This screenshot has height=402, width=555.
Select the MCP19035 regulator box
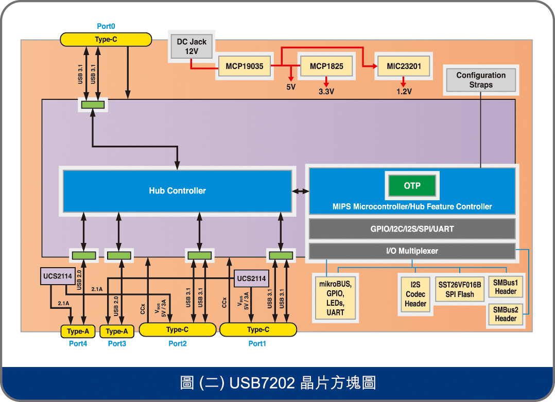[x=245, y=66]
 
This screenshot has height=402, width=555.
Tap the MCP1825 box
[x=326, y=66]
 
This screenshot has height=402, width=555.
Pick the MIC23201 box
[x=404, y=66]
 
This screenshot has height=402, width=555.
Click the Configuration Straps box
[x=481, y=80]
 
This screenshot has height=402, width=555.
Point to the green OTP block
[x=412, y=186]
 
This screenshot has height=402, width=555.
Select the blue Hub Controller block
[x=177, y=190]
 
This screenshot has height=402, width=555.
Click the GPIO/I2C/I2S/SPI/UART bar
[x=412, y=229]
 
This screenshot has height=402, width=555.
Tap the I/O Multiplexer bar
[x=412, y=251]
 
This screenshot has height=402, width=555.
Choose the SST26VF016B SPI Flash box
[x=459, y=289]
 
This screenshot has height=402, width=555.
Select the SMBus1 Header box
[x=505, y=287]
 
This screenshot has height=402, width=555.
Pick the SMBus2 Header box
[x=505, y=314]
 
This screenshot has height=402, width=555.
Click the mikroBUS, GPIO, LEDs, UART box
[x=335, y=298]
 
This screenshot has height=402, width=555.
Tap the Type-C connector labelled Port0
[x=106, y=40]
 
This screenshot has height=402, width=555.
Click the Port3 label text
[x=117, y=344]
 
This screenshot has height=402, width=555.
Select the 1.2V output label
[x=404, y=92]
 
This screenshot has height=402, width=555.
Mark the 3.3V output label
[x=326, y=92]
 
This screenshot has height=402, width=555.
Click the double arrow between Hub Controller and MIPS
[x=300, y=191]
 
